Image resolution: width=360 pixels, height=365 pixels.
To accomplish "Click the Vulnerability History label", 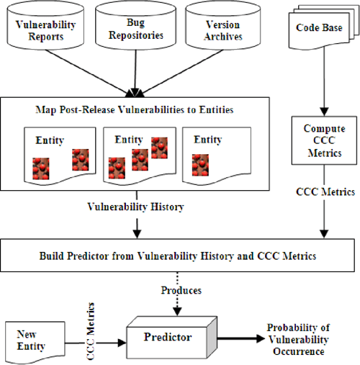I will (135, 206).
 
